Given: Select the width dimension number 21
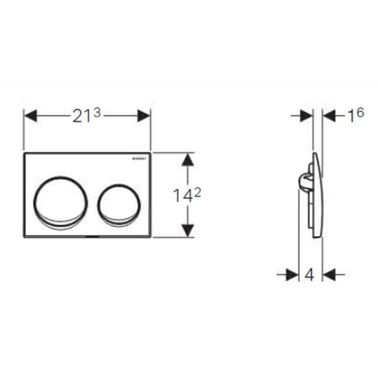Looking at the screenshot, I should tap(81, 117).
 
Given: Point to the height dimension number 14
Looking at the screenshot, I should tap(182, 195).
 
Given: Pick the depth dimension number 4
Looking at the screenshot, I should tap(309, 275).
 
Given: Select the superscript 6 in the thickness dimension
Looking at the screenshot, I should tap(360, 113).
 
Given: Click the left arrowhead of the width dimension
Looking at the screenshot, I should tap(31, 116).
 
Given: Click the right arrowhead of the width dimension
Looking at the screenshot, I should tap(143, 116).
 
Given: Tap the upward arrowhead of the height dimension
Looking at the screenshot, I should tap(187, 160).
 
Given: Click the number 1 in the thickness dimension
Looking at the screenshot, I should tap(351, 117).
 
